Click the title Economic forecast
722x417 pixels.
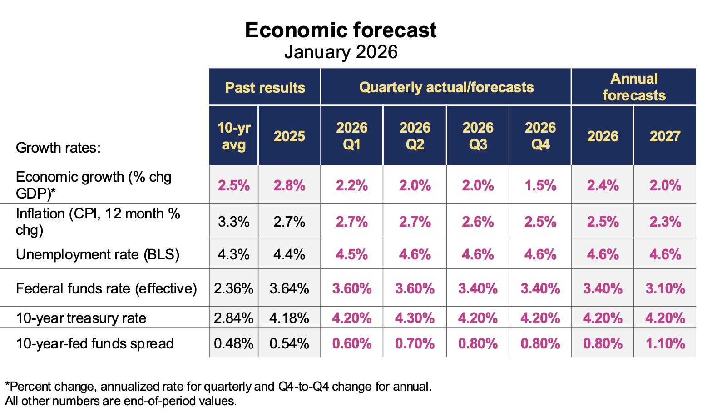coord(341,30)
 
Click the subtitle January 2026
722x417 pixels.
coord(341,52)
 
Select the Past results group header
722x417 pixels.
coord(265,87)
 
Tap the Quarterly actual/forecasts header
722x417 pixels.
coord(446,87)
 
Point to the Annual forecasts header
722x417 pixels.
coord(634,87)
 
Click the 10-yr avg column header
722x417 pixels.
coord(234,136)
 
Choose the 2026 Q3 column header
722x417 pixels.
coord(478,136)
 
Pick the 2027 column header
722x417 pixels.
coord(665,136)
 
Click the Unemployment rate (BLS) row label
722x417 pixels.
coord(98,254)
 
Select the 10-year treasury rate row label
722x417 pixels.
coord(81,318)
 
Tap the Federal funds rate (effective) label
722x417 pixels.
coord(106,288)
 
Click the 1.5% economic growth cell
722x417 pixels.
coord(540,185)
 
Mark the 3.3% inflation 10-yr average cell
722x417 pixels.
coord(234,222)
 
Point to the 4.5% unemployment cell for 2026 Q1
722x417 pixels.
coord(352,254)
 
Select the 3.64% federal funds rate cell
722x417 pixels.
coord(289,288)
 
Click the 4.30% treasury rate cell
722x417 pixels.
coord(415,318)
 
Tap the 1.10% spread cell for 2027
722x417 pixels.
coord(665,343)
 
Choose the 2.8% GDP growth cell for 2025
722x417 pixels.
coord(289,185)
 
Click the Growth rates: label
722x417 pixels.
coord(58,148)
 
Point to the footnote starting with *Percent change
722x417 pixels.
coord(218,387)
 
